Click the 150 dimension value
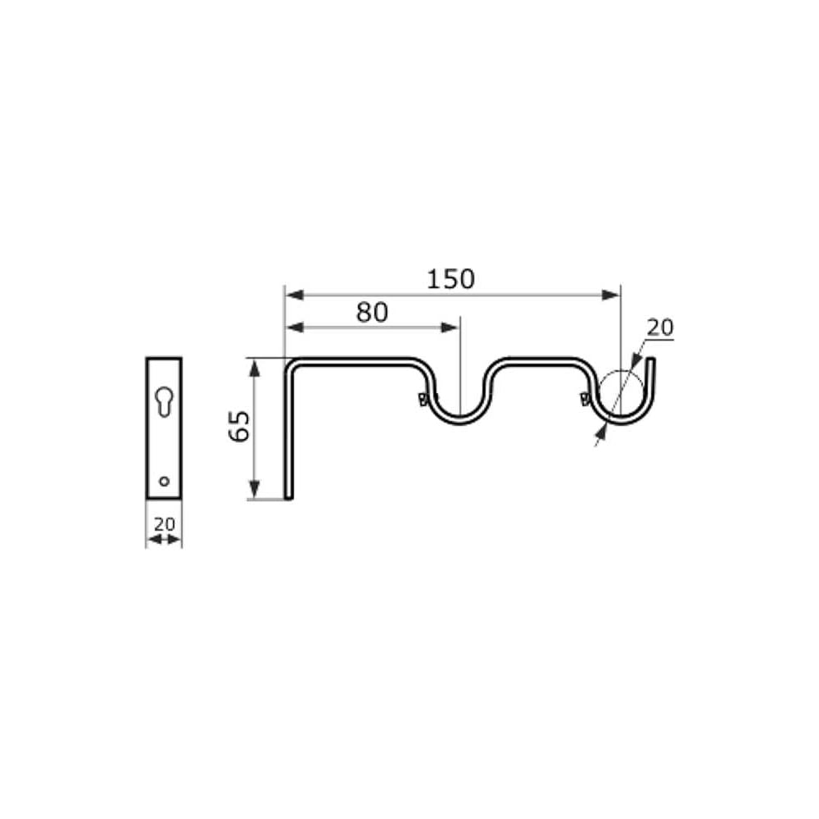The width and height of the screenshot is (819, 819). click(x=450, y=279)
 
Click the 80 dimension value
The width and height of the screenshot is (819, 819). click(x=372, y=312)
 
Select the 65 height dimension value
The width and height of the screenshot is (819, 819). click(x=240, y=426)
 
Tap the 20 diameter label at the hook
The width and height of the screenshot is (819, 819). click(x=660, y=328)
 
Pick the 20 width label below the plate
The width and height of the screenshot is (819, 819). click(x=165, y=523)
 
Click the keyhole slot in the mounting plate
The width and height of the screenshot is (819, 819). click(x=164, y=401)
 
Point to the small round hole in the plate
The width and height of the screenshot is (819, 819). click(x=164, y=481)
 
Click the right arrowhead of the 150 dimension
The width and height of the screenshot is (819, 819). click(x=611, y=295)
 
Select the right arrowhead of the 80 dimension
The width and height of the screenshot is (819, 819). click(x=450, y=328)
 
